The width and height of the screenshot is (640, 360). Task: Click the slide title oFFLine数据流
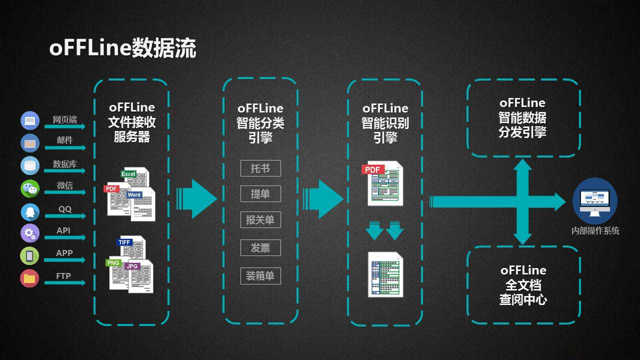tap(122, 49)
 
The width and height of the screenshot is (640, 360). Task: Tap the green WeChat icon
tap(30, 188)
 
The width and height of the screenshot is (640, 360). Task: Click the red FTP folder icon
tap(29, 278)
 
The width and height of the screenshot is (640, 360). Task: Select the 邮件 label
tap(65, 140)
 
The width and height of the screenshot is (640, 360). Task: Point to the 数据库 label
tap(65, 164)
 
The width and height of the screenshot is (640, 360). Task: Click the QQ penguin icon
tap(30, 211)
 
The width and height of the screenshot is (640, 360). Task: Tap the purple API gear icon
tap(30, 233)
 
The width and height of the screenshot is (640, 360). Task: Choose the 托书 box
tap(260, 168)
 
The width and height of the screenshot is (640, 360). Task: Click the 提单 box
tap(260, 194)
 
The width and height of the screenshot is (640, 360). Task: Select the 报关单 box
tap(260, 220)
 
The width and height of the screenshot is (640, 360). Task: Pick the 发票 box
tap(260, 247)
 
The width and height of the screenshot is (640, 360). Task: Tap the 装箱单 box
tap(260, 275)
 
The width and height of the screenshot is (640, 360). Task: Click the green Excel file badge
tap(128, 174)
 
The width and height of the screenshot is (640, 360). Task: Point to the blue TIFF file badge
tap(125, 242)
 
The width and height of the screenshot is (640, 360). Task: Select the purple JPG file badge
tap(132, 266)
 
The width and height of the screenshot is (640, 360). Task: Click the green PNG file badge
tap(113, 262)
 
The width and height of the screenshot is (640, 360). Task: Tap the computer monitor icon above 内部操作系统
tap(594, 201)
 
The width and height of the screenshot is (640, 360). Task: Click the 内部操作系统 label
tap(595, 230)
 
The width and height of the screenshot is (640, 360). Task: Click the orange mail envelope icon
tap(30, 143)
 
